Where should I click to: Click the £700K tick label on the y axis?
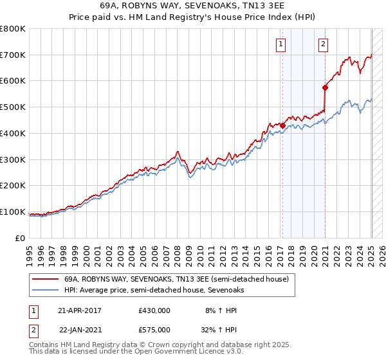13,55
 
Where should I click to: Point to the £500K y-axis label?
13,107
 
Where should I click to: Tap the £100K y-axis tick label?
13,212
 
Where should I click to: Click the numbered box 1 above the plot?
282,44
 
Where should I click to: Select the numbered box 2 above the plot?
323,44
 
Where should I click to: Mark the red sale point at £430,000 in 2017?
282,125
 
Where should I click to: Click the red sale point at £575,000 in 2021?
325,87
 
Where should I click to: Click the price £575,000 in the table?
154,329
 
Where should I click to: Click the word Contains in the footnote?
45,346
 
